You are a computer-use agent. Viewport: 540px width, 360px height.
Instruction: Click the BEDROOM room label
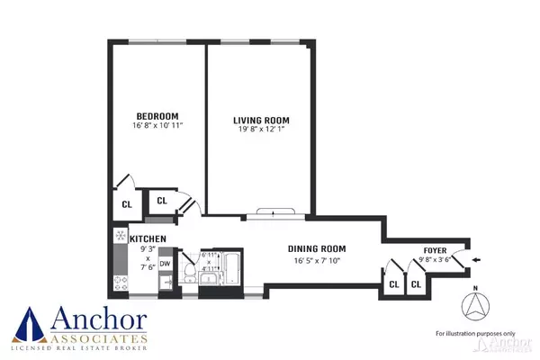tap(157, 116)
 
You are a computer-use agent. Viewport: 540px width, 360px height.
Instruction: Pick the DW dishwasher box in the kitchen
tap(165, 263)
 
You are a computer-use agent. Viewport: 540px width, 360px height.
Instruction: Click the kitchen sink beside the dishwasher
tap(165, 283)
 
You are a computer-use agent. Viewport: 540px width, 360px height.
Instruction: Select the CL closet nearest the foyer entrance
tap(417, 284)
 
